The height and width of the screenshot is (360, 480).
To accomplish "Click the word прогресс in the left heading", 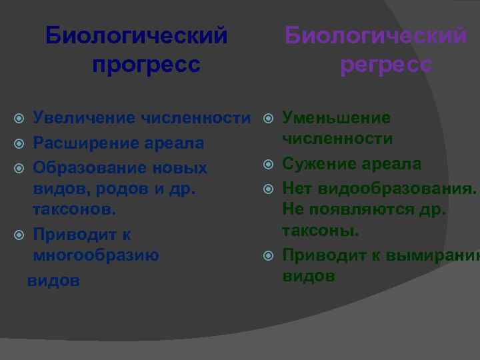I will pos(146,65).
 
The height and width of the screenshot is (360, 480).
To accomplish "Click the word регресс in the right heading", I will pos(386,65).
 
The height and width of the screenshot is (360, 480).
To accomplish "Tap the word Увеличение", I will pos(84,119).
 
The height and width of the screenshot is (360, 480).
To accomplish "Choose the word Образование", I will pos(90,167).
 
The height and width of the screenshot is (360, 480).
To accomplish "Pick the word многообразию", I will pos(96,255).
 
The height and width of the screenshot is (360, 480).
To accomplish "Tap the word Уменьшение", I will pos(336,118).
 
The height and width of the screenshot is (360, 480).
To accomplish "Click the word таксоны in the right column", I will pos(320,231).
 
